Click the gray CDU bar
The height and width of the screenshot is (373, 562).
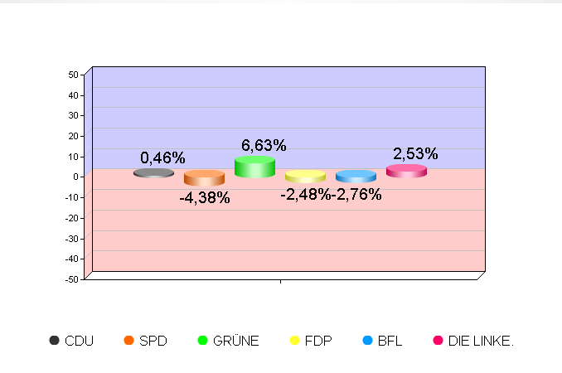click(x=153, y=173)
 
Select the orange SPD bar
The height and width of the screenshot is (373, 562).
click(x=204, y=178)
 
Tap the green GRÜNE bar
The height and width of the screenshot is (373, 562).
click(x=254, y=167)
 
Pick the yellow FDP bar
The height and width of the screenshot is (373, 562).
click(x=305, y=177)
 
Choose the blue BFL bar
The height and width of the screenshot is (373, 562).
click(x=356, y=177)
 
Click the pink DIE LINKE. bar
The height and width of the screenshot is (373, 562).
click(x=406, y=171)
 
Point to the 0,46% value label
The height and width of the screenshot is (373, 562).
click(x=162, y=157)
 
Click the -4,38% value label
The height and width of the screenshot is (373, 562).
click(x=205, y=198)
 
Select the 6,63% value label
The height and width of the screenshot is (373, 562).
click(x=264, y=146)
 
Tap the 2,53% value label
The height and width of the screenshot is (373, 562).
click(x=415, y=153)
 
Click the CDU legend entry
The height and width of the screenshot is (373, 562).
click(x=71, y=341)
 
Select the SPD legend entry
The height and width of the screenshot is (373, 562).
click(x=145, y=341)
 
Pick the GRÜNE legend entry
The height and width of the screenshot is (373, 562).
click(x=228, y=341)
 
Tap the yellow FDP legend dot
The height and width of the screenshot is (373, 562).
click(x=294, y=341)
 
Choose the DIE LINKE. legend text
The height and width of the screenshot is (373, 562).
click(x=481, y=341)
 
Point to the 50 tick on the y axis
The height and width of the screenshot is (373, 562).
click(x=73, y=75)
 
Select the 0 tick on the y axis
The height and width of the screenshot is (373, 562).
click(x=75, y=177)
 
